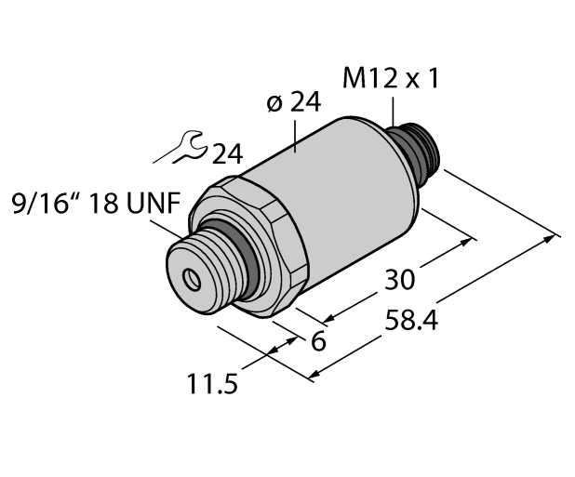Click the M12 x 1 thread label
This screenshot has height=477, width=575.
click(x=390, y=81)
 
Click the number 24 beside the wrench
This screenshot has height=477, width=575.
click(x=227, y=154)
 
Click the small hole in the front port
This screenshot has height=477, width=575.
click(x=193, y=277)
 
